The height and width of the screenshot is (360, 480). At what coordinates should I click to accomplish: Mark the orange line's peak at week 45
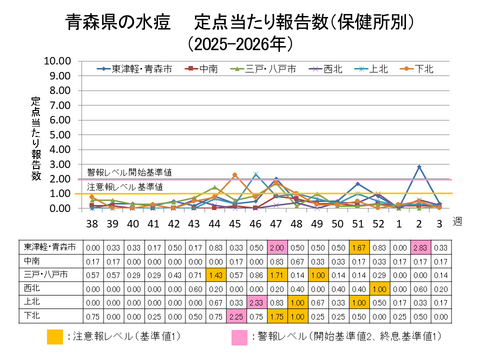pyautogui.click(x=234, y=175)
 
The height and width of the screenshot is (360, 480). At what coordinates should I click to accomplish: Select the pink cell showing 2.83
pyautogui.click(x=421, y=247)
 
